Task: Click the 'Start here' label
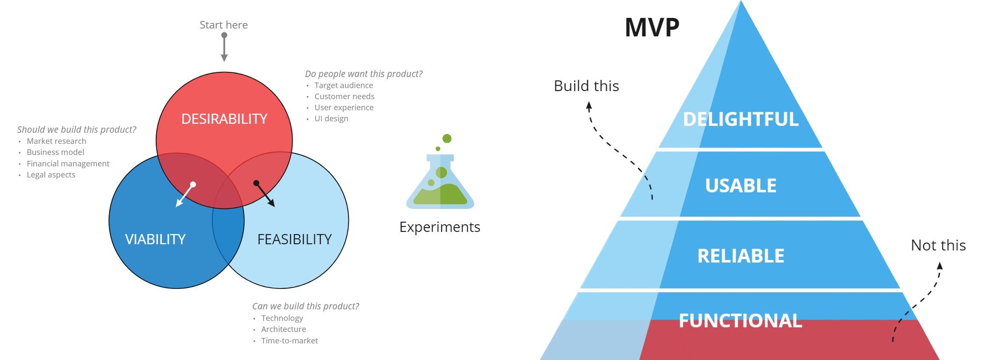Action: coord(223,25)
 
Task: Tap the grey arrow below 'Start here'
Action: coord(224,47)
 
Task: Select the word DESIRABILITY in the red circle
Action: coord(224,119)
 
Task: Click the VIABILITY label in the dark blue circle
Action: coord(155,239)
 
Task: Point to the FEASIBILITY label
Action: coord(294,239)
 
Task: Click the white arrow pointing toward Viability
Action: coord(185,195)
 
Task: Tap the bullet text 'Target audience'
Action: coord(343,86)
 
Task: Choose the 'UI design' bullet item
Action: coord(331,119)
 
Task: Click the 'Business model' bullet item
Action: coord(55,152)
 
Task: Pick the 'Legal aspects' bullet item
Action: coord(51,175)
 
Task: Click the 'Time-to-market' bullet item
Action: coord(289,340)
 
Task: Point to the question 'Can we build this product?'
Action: coord(305,306)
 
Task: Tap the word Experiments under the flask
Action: coord(439,227)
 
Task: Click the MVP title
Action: coord(652,28)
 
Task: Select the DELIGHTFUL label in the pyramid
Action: coord(741,119)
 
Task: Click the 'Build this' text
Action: coord(586,86)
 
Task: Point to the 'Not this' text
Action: coord(938,246)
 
